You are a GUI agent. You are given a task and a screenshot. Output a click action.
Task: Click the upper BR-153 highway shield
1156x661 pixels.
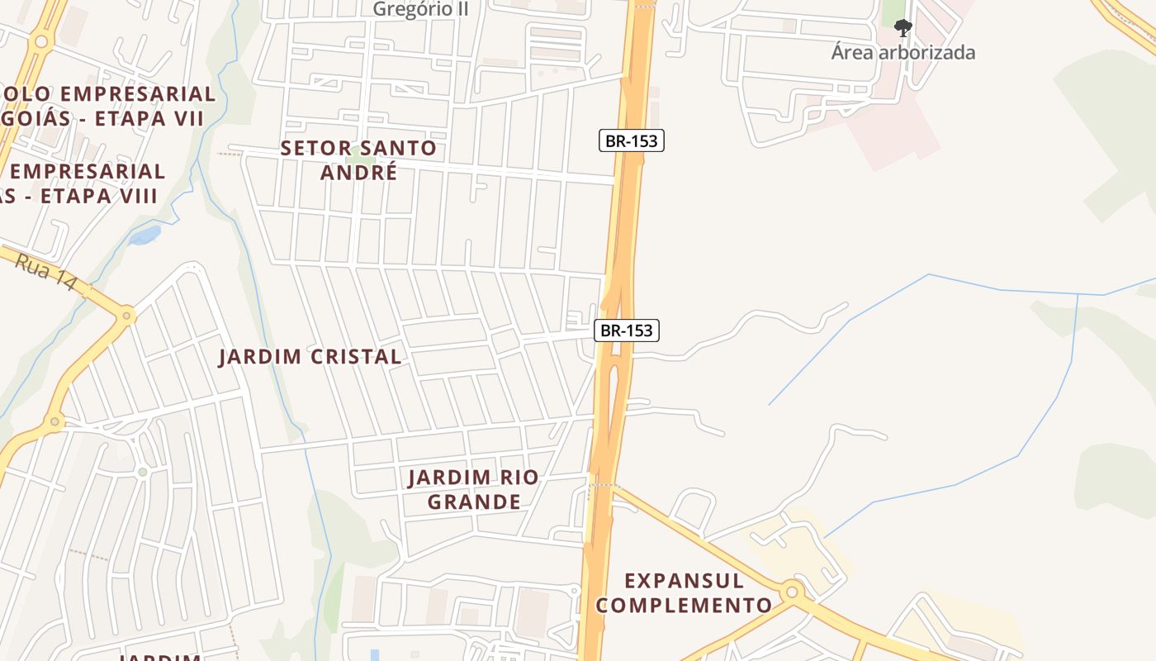pos(631,140)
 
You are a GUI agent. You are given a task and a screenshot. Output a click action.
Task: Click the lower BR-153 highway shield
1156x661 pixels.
pos(626,330)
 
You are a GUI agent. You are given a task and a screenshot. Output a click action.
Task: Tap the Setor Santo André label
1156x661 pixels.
pos(358,159)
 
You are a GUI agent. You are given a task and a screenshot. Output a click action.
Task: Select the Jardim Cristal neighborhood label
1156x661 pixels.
pos(310,357)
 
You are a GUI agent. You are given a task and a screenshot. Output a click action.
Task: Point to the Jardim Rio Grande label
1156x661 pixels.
pos(474,489)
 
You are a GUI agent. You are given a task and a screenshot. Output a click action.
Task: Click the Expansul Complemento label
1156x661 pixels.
pos(684,592)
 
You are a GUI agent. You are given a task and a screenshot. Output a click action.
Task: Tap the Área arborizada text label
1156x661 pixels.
pos(903,53)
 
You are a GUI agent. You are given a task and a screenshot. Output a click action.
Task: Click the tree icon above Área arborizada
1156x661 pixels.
pos(903,28)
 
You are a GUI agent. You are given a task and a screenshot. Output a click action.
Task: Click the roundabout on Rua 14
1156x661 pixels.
pos(126,315)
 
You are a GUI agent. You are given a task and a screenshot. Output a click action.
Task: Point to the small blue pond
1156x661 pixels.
pos(145,235)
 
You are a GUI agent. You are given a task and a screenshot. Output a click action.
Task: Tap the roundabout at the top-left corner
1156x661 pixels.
pos(40,41)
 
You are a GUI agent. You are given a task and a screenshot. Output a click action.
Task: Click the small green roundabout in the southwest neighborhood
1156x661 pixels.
pos(143,472)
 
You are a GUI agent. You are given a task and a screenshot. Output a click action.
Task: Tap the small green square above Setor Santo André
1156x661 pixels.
pos(357,152)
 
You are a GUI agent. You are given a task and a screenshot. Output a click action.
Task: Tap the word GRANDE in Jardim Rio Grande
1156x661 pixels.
pos(474,502)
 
